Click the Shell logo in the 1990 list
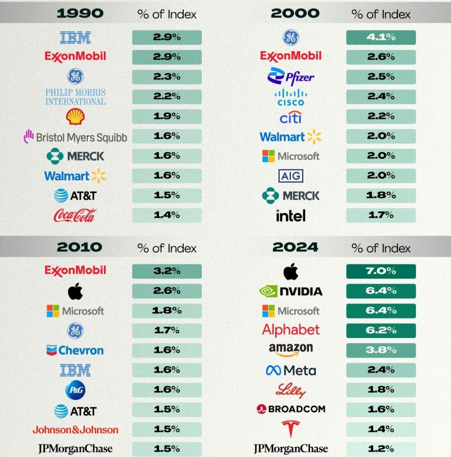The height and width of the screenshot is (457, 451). pos(75,117)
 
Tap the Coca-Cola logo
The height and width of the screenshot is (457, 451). pos(75,215)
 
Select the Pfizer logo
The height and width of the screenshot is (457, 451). pos(291,76)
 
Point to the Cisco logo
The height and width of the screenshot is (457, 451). pos(290,97)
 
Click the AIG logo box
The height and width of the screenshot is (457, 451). pos(290,176)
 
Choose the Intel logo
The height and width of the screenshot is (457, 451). pos(290,215)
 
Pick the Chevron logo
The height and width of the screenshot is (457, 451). pos(75,350)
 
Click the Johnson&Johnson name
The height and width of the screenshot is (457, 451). pos(75,430)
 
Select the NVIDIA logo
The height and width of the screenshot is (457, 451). pos(290,291)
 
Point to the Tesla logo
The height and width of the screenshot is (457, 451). pos(290,429)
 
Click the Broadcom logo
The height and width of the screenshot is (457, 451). pos(290,409)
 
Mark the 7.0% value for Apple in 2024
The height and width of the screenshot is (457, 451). pos(381,271)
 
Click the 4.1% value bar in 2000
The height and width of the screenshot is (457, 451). pos(381,38)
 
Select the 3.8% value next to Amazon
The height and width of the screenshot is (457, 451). pos(381,349)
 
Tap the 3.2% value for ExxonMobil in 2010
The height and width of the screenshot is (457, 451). pos(166,271)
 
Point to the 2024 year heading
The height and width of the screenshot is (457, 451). pos(295,247)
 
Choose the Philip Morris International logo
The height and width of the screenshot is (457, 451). pos(75,97)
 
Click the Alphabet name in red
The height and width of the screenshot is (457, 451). pos(290,330)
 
